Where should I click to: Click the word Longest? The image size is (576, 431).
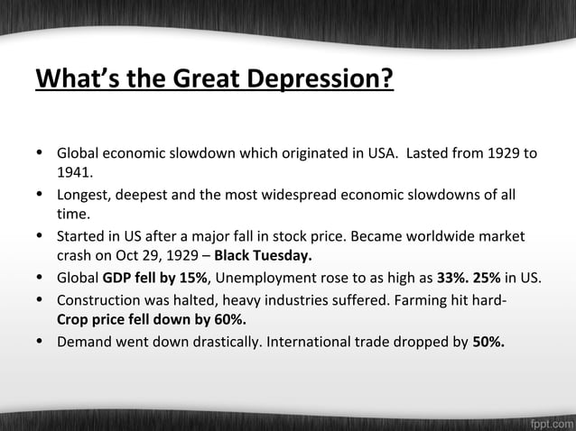click(x=86, y=197)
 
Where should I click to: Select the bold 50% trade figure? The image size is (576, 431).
click(x=489, y=342)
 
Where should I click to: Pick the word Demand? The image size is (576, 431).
click(x=84, y=342)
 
